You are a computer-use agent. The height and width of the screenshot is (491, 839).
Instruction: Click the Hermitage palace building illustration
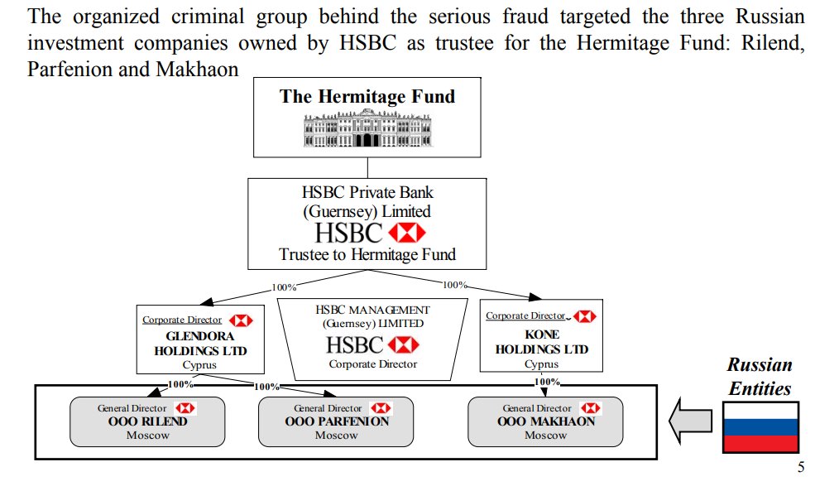[366, 130]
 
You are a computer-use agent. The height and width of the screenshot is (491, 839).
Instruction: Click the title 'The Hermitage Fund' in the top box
[367, 96]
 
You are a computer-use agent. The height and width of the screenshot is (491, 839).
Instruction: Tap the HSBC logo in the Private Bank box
[367, 233]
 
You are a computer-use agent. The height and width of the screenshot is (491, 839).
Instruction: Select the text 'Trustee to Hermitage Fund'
[367, 254]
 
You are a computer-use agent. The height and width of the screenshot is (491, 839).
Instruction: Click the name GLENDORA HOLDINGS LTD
[200, 343]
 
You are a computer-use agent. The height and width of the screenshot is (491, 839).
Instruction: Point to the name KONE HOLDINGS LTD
[542, 341]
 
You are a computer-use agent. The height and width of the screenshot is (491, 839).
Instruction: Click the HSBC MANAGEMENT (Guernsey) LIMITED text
[372, 316]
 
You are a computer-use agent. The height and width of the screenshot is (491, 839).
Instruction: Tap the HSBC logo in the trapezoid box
[372, 344]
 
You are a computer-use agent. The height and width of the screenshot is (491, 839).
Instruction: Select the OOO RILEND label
[148, 421]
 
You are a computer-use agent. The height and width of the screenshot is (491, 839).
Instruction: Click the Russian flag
[760, 427]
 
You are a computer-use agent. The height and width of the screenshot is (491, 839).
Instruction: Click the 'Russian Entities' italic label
[760, 376]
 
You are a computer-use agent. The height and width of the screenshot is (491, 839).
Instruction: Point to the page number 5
[800, 467]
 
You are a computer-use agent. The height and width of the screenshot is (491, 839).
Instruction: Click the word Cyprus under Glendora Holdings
[199, 364]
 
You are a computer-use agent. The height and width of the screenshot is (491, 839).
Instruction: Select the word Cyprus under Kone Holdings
[541, 363]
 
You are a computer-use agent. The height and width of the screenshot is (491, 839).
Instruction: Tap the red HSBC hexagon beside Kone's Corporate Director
[584, 316]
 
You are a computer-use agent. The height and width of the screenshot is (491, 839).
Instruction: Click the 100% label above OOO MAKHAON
[547, 382]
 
